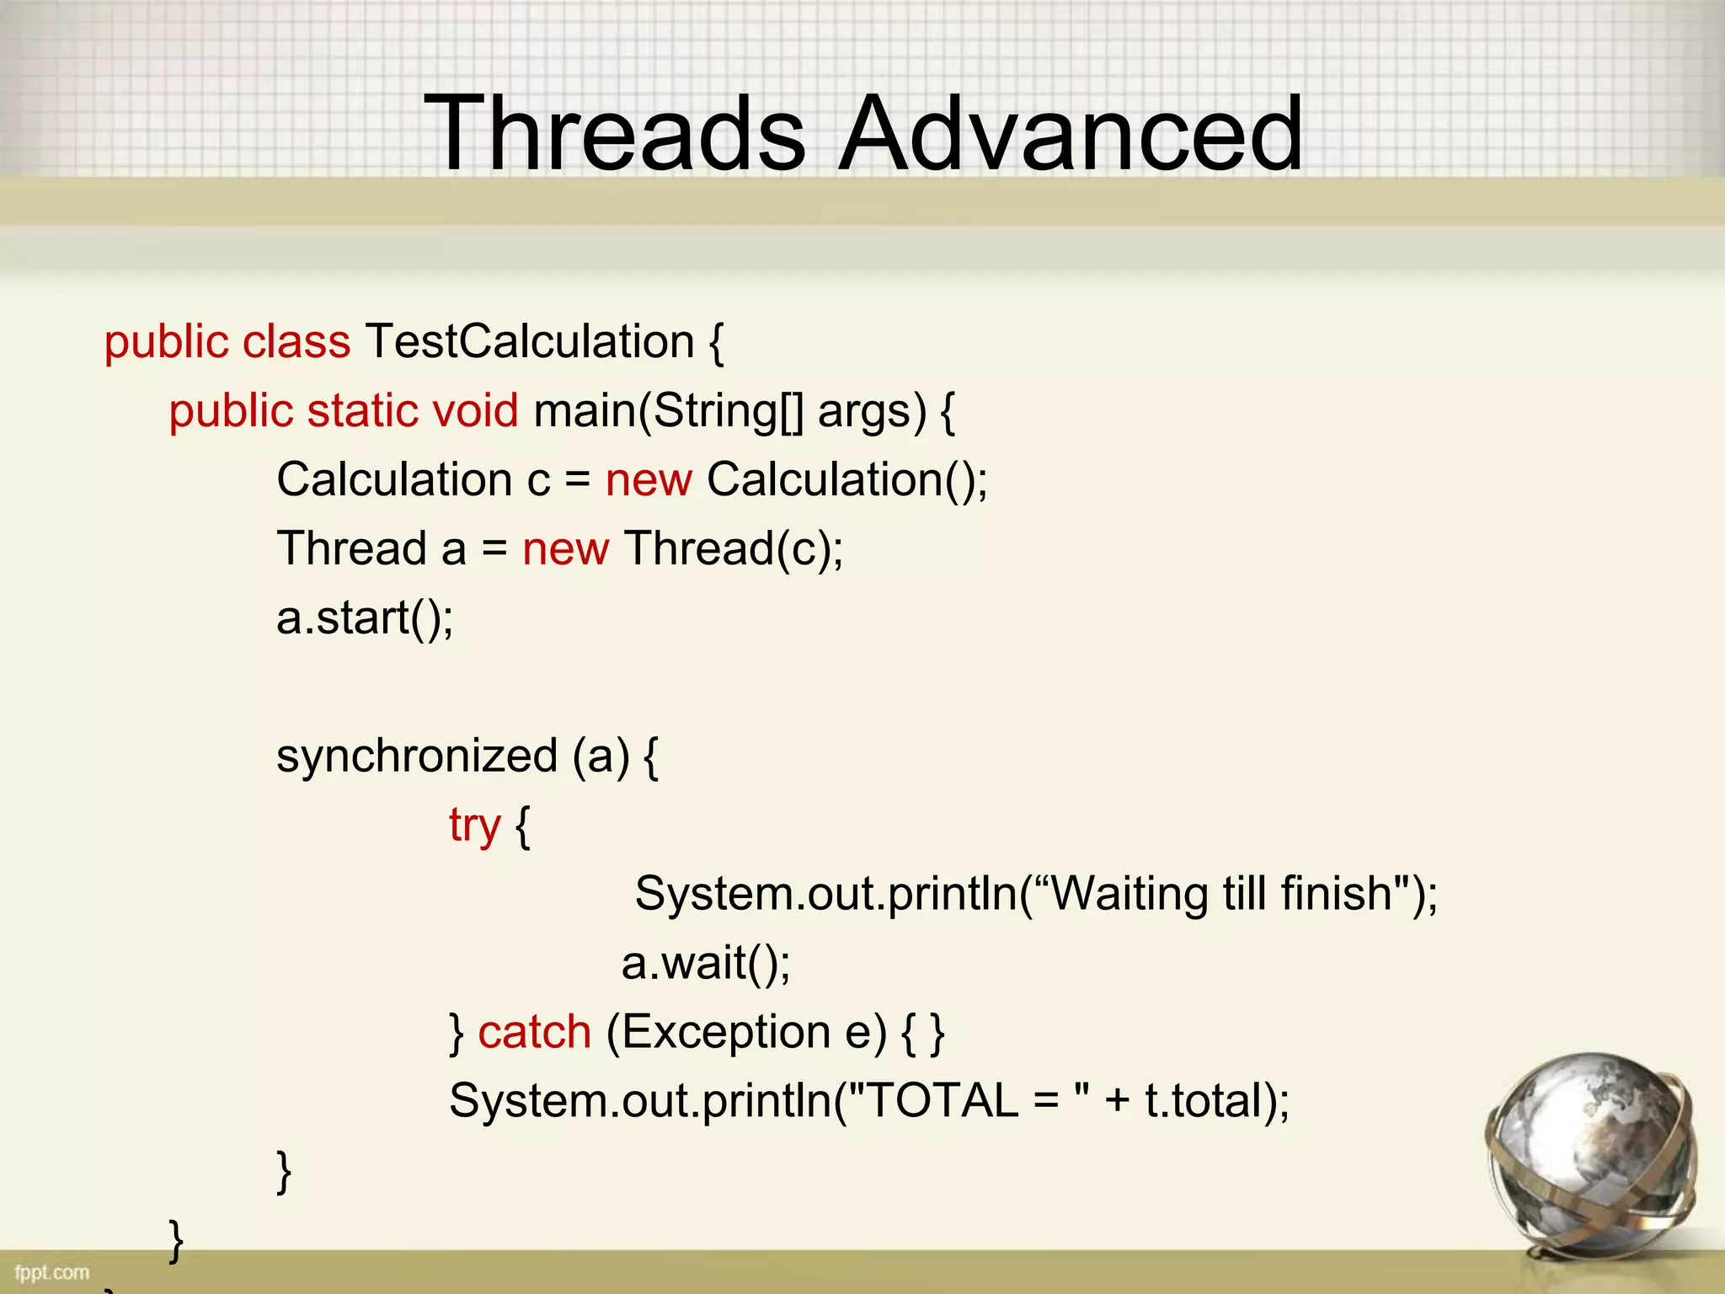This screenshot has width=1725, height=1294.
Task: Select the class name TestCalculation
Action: (x=529, y=342)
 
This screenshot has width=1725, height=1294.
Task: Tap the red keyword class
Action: (x=296, y=342)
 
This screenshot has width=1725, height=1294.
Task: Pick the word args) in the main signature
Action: (x=872, y=413)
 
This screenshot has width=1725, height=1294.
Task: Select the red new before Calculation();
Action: (x=649, y=481)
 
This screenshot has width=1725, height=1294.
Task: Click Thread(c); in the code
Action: (x=733, y=550)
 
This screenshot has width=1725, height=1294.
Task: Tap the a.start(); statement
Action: (x=365, y=619)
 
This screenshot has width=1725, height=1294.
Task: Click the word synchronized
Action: (x=417, y=756)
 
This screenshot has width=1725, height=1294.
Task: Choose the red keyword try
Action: (x=474, y=826)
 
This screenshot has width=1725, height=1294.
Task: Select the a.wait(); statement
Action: (x=706, y=963)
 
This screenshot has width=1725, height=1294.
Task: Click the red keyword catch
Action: (x=535, y=1032)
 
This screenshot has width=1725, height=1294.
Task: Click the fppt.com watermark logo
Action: (x=51, y=1272)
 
